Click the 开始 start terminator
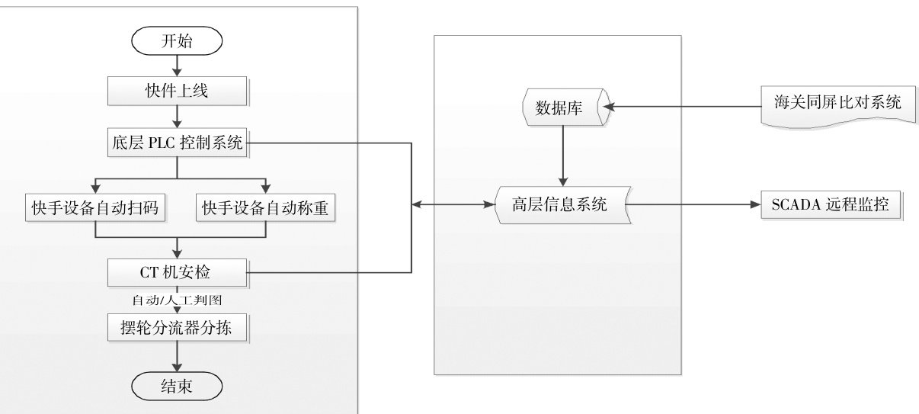(177, 41)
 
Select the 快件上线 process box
(177, 92)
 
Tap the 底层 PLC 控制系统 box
(177, 143)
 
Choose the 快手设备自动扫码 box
(94, 208)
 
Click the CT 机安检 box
(177, 272)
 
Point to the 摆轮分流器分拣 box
(177, 329)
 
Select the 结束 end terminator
(177, 386)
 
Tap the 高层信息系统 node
(562, 204)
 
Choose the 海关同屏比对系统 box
(831, 103)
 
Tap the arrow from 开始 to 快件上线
(177, 65)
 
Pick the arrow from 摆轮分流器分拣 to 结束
(177, 356)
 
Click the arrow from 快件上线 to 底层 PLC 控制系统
(177, 116)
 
